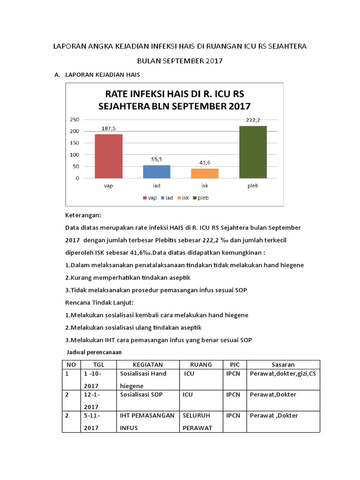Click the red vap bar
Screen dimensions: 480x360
tap(108, 156)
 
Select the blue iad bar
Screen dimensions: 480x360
tap(157, 172)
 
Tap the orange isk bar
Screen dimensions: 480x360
tap(205, 173)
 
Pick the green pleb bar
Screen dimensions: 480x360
tap(253, 152)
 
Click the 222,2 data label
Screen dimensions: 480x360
tap(253, 120)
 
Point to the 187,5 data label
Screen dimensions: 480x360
tap(108, 128)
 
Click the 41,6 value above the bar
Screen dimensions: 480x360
tap(205, 162)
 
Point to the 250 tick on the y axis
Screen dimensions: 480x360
tap(74, 119)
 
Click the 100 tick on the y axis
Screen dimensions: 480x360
tap(74, 155)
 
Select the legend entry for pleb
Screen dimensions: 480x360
tap(200, 198)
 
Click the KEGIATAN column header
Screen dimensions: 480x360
tap(148, 364)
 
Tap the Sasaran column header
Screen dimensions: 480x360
tap(283, 364)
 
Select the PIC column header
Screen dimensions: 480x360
tap(234, 364)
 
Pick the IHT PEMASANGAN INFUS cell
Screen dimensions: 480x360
tap(147, 421)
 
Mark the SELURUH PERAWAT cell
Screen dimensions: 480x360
tap(196, 421)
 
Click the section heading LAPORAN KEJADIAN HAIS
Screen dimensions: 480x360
tap(103, 75)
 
